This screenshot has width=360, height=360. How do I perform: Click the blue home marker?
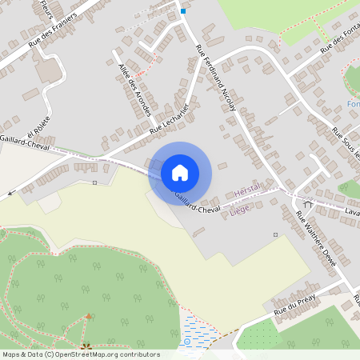[180, 172]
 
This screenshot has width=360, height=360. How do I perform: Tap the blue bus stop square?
[183, 11]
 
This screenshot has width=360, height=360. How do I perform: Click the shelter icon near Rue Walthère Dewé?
[307, 204]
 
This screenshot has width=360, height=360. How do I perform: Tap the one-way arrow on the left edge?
[11, 193]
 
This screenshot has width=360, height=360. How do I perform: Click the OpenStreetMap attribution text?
[81, 354]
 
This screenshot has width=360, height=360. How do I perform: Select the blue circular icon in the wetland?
[187, 342]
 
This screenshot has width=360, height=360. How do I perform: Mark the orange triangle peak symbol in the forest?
[87, 318]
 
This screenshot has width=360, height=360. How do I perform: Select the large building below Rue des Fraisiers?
[50, 70]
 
